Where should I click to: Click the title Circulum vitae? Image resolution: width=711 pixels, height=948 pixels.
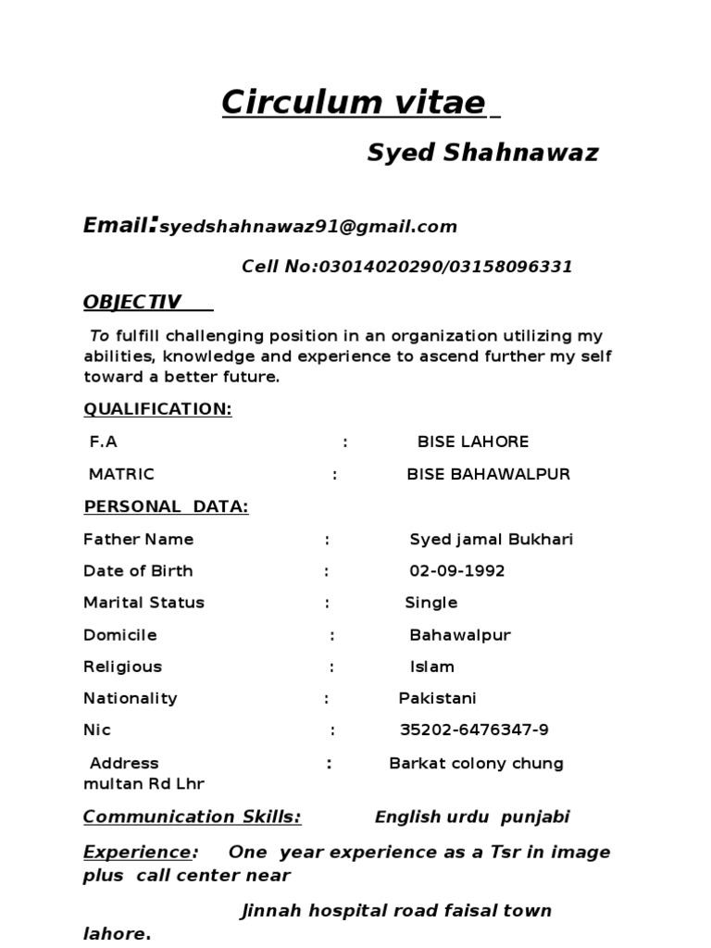click(353, 103)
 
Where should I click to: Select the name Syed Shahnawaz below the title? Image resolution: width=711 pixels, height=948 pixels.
click(482, 153)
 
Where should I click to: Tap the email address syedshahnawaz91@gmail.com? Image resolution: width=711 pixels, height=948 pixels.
click(308, 227)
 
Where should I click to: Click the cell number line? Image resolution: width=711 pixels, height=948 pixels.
click(406, 268)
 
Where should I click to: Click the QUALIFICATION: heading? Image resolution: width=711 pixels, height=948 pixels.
click(157, 409)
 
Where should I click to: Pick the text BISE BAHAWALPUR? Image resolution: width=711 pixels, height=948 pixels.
click(488, 475)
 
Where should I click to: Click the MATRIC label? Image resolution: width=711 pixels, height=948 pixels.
click(121, 475)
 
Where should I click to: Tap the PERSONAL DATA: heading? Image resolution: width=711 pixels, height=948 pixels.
click(166, 506)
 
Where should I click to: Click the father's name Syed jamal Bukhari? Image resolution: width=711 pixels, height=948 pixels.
click(491, 540)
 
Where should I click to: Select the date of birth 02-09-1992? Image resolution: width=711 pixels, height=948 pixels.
click(456, 571)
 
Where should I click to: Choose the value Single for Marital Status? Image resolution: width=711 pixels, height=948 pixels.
click(430, 603)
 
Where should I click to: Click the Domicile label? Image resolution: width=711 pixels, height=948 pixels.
click(119, 635)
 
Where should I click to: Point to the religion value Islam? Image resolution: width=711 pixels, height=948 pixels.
click(431, 667)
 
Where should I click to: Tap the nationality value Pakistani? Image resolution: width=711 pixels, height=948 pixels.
click(437, 698)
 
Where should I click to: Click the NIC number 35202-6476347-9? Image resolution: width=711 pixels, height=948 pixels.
click(474, 730)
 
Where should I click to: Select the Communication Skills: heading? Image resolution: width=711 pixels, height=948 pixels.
click(192, 817)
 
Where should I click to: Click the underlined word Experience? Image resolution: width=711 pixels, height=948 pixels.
click(136, 852)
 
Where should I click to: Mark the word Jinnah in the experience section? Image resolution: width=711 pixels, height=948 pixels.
click(272, 911)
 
